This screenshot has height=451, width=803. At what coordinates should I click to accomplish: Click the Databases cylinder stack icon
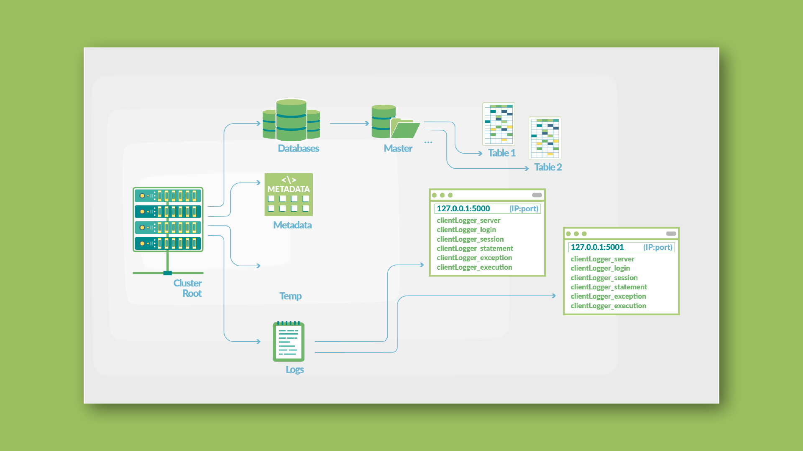click(x=291, y=120)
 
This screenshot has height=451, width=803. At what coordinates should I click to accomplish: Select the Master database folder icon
click(x=395, y=123)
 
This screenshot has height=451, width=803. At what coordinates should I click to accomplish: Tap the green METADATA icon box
click(x=289, y=195)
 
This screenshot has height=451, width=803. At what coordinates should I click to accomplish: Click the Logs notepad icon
click(x=289, y=342)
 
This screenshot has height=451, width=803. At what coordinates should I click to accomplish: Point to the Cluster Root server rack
click(x=168, y=220)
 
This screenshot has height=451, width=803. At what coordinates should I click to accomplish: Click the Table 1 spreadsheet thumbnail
click(x=499, y=124)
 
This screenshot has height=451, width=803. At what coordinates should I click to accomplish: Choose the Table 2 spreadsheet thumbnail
click(x=545, y=138)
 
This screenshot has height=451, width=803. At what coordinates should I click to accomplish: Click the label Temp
click(x=290, y=296)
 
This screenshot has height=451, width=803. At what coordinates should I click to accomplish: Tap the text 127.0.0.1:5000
click(x=463, y=208)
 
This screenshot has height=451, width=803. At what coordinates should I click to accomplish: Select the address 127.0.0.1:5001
click(x=597, y=247)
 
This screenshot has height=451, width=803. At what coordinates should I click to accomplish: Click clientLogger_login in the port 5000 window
click(x=466, y=230)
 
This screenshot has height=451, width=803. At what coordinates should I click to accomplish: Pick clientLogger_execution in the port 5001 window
click(x=608, y=306)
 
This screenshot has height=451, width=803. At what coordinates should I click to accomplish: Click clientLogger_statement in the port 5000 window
click(x=475, y=248)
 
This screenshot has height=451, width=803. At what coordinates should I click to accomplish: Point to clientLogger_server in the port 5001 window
click(x=602, y=259)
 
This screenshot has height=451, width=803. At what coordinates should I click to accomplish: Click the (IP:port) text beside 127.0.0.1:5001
click(x=657, y=247)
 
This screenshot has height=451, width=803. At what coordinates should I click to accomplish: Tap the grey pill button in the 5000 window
click(x=537, y=195)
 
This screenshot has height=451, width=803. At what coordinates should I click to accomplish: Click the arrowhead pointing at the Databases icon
click(x=259, y=123)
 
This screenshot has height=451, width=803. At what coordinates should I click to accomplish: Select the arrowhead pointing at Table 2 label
click(x=527, y=168)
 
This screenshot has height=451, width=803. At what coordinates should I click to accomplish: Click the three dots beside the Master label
click(x=428, y=142)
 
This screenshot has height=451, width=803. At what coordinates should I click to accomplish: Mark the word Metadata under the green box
click(x=292, y=225)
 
